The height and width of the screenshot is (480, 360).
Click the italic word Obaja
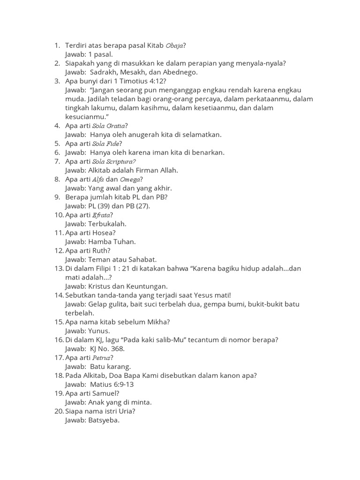174,45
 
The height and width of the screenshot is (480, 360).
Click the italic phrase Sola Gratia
109,126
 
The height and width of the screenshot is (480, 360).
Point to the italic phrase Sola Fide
106,143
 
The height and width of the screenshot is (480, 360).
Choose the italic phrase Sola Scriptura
114,161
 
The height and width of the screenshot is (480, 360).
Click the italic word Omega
129,180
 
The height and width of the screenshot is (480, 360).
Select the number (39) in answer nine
108,206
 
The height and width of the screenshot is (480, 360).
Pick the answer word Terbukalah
107,224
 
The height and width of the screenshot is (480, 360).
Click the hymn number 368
118,349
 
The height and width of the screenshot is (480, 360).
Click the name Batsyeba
104,420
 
